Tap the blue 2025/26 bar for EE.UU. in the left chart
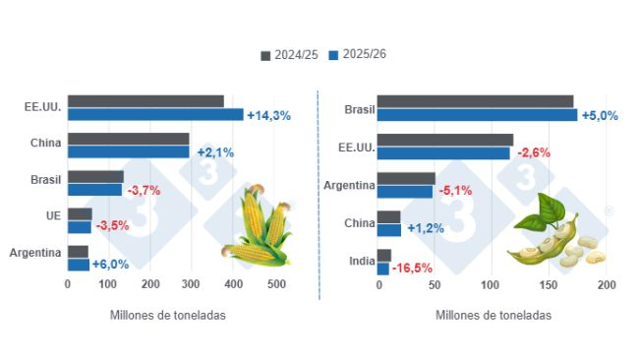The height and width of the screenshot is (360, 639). click(x=155, y=115)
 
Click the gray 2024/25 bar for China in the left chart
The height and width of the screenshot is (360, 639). click(x=128, y=139)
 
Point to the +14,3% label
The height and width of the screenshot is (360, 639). click(x=268, y=116)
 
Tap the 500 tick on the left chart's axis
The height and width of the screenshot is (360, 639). click(x=276, y=285)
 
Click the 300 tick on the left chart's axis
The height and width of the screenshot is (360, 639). click(x=193, y=285)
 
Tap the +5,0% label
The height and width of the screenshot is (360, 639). click(x=600, y=116)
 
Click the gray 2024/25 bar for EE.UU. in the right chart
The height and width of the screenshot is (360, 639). click(x=445, y=139)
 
